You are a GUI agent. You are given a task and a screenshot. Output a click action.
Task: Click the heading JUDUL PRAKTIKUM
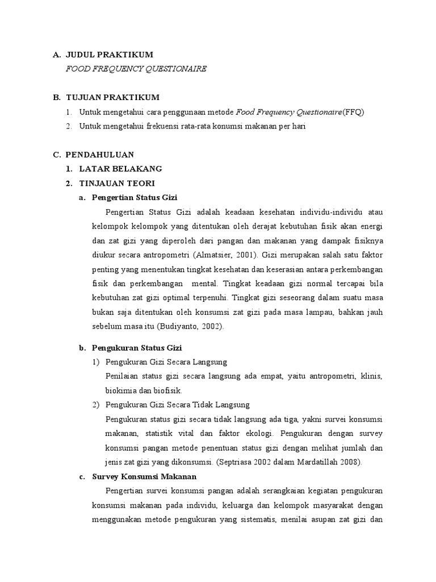[x=110, y=55]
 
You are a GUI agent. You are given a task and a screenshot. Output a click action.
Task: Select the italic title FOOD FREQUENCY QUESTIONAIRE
[x=136, y=69]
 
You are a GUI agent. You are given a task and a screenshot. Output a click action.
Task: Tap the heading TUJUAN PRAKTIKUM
[x=112, y=97]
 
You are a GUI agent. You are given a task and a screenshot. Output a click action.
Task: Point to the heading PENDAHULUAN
[x=100, y=155]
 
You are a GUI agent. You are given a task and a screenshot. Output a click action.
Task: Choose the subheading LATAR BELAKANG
[x=121, y=169]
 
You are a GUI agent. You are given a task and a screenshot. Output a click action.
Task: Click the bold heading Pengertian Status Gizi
[x=135, y=197]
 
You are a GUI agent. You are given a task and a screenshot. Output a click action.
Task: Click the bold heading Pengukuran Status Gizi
[x=136, y=347]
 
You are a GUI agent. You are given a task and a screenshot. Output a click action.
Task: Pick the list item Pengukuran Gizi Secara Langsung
[x=166, y=362]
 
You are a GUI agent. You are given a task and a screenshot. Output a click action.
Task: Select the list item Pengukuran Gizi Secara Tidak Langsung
[x=178, y=405]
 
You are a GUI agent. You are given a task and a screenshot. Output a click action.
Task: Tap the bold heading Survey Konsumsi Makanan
[x=144, y=476]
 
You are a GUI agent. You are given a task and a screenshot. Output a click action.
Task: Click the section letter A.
[x=56, y=55]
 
